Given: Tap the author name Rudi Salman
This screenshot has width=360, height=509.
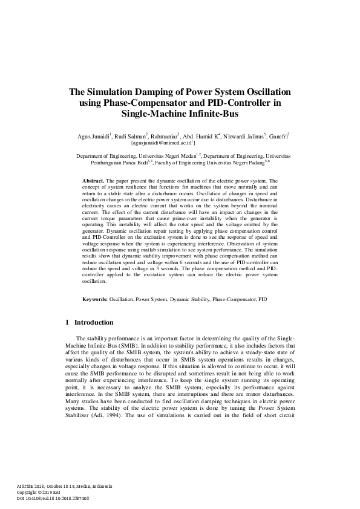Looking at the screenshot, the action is click(x=131, y=136).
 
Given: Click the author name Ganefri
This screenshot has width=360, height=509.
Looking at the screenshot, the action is click(x=277, y=136).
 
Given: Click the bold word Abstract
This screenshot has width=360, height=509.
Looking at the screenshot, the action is click(x=93, y=181).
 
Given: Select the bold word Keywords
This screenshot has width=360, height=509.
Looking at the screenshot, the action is click(x=95, y=299).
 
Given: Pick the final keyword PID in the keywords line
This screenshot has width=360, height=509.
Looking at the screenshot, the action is click(x=262, y=299).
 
